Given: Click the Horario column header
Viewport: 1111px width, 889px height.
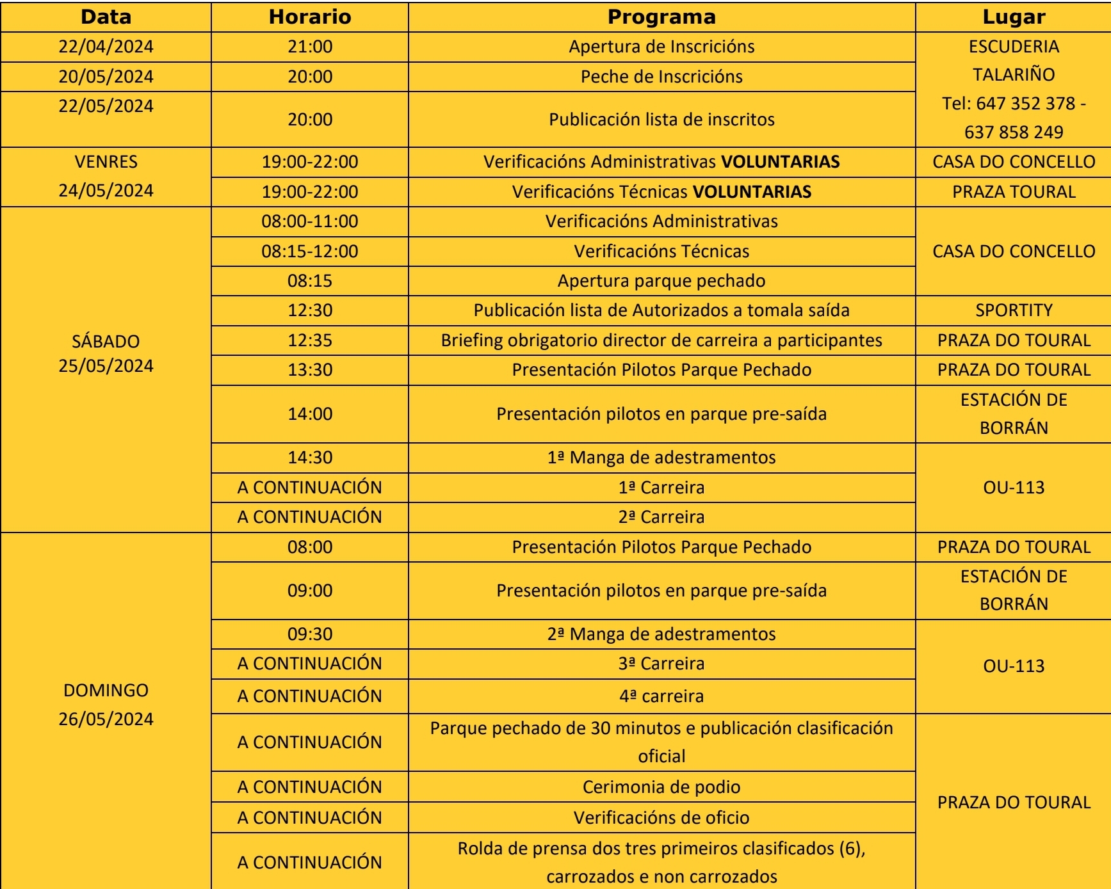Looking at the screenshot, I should tap(310, 17).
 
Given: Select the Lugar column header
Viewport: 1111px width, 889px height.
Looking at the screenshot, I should tap(1014, 17).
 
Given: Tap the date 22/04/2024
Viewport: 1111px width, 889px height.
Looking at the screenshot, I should tap(106, 47).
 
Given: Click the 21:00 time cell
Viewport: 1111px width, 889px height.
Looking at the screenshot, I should tap(310, 47).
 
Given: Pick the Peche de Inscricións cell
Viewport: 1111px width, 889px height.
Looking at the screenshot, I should tap(661, 77).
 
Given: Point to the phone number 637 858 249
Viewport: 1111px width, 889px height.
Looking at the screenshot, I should tap(1014, 132).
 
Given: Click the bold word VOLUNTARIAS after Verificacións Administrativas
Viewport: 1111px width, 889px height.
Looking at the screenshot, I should tap(781, 162).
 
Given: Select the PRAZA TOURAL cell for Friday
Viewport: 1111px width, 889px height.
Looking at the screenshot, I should tap(1014, 192).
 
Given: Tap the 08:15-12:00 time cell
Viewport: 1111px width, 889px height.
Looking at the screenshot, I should tap(310, 252).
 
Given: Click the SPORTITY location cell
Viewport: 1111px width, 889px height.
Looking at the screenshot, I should tap(1014, 310).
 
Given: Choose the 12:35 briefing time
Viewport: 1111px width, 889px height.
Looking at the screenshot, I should tap(310, 340).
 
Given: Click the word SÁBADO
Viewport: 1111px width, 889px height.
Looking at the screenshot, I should tap(106, 342).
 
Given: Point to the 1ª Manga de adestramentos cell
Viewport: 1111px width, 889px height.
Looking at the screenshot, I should tap(661, 458).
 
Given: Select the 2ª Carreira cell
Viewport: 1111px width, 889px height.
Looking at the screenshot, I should tap(661, 517).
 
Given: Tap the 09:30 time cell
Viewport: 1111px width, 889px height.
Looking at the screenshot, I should tap(310, 634).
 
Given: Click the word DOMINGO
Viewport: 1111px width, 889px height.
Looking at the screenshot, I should tap(106, 691).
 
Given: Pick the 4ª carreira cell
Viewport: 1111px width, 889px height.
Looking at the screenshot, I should tap(661, 696).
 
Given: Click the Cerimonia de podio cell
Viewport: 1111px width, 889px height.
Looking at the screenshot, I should tap(661, 787).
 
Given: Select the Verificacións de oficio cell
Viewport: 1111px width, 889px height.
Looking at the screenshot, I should tap(661, 818).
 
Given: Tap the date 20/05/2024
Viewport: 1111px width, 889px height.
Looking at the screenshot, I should tap(106, 77).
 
